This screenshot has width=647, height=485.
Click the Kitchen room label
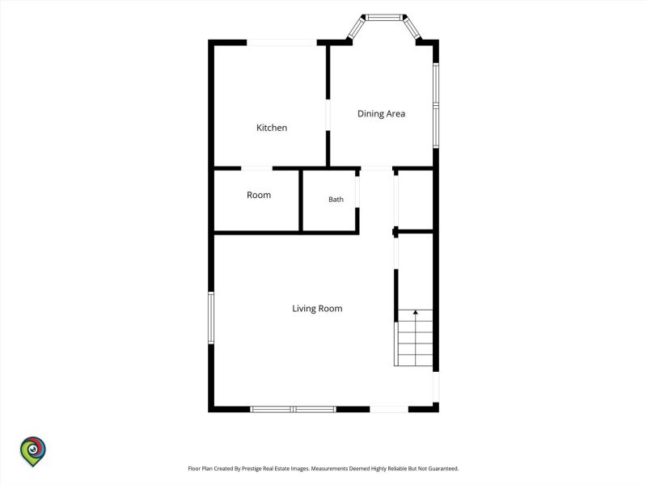272,128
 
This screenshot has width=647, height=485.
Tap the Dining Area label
381,114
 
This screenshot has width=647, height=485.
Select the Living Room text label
317,309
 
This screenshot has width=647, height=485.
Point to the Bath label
336,199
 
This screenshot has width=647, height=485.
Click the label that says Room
259,195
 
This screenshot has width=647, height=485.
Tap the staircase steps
414,338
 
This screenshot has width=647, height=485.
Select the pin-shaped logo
33,452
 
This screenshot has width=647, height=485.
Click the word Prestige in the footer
252,469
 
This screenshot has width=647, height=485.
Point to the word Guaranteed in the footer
443,469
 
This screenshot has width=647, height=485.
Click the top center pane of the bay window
385,17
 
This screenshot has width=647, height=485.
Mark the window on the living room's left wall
211,318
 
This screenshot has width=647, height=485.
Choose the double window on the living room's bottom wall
293,409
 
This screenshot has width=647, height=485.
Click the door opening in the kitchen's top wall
281,43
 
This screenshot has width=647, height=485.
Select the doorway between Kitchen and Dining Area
328,115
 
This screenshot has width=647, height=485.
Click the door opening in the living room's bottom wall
389,409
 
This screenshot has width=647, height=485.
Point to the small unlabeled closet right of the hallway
416,200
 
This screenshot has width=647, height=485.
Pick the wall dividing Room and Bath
301,200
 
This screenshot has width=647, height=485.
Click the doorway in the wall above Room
256,168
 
